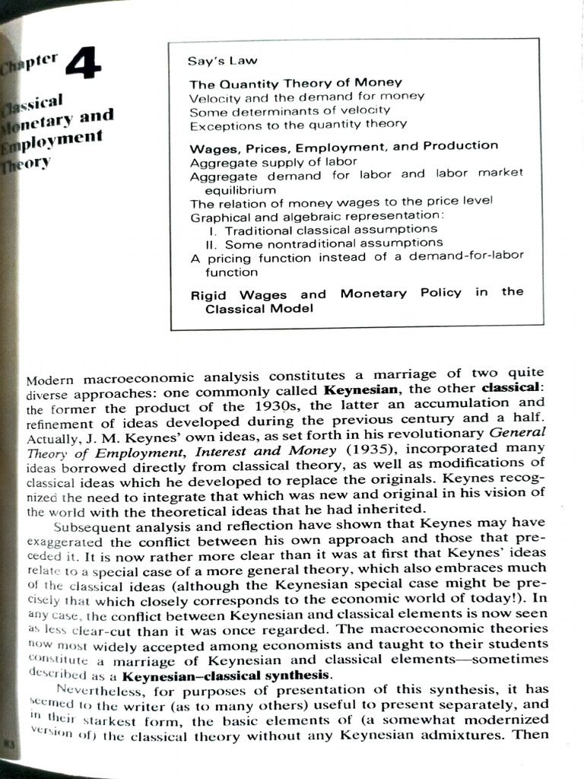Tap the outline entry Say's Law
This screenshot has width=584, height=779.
[x=222, y=60]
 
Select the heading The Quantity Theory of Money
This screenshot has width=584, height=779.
[x=295, y=83]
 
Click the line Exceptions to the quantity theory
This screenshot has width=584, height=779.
[x=297, y=123]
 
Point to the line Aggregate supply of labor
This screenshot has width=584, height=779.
[x=273, y=162]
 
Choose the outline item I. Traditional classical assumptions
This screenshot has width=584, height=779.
[x=322, y=228]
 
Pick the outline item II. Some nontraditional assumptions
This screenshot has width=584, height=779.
[x=324, y=243]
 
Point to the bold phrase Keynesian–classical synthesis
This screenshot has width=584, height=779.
[x=226, y=676]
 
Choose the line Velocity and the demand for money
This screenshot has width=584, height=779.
[x=306, y=97]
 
